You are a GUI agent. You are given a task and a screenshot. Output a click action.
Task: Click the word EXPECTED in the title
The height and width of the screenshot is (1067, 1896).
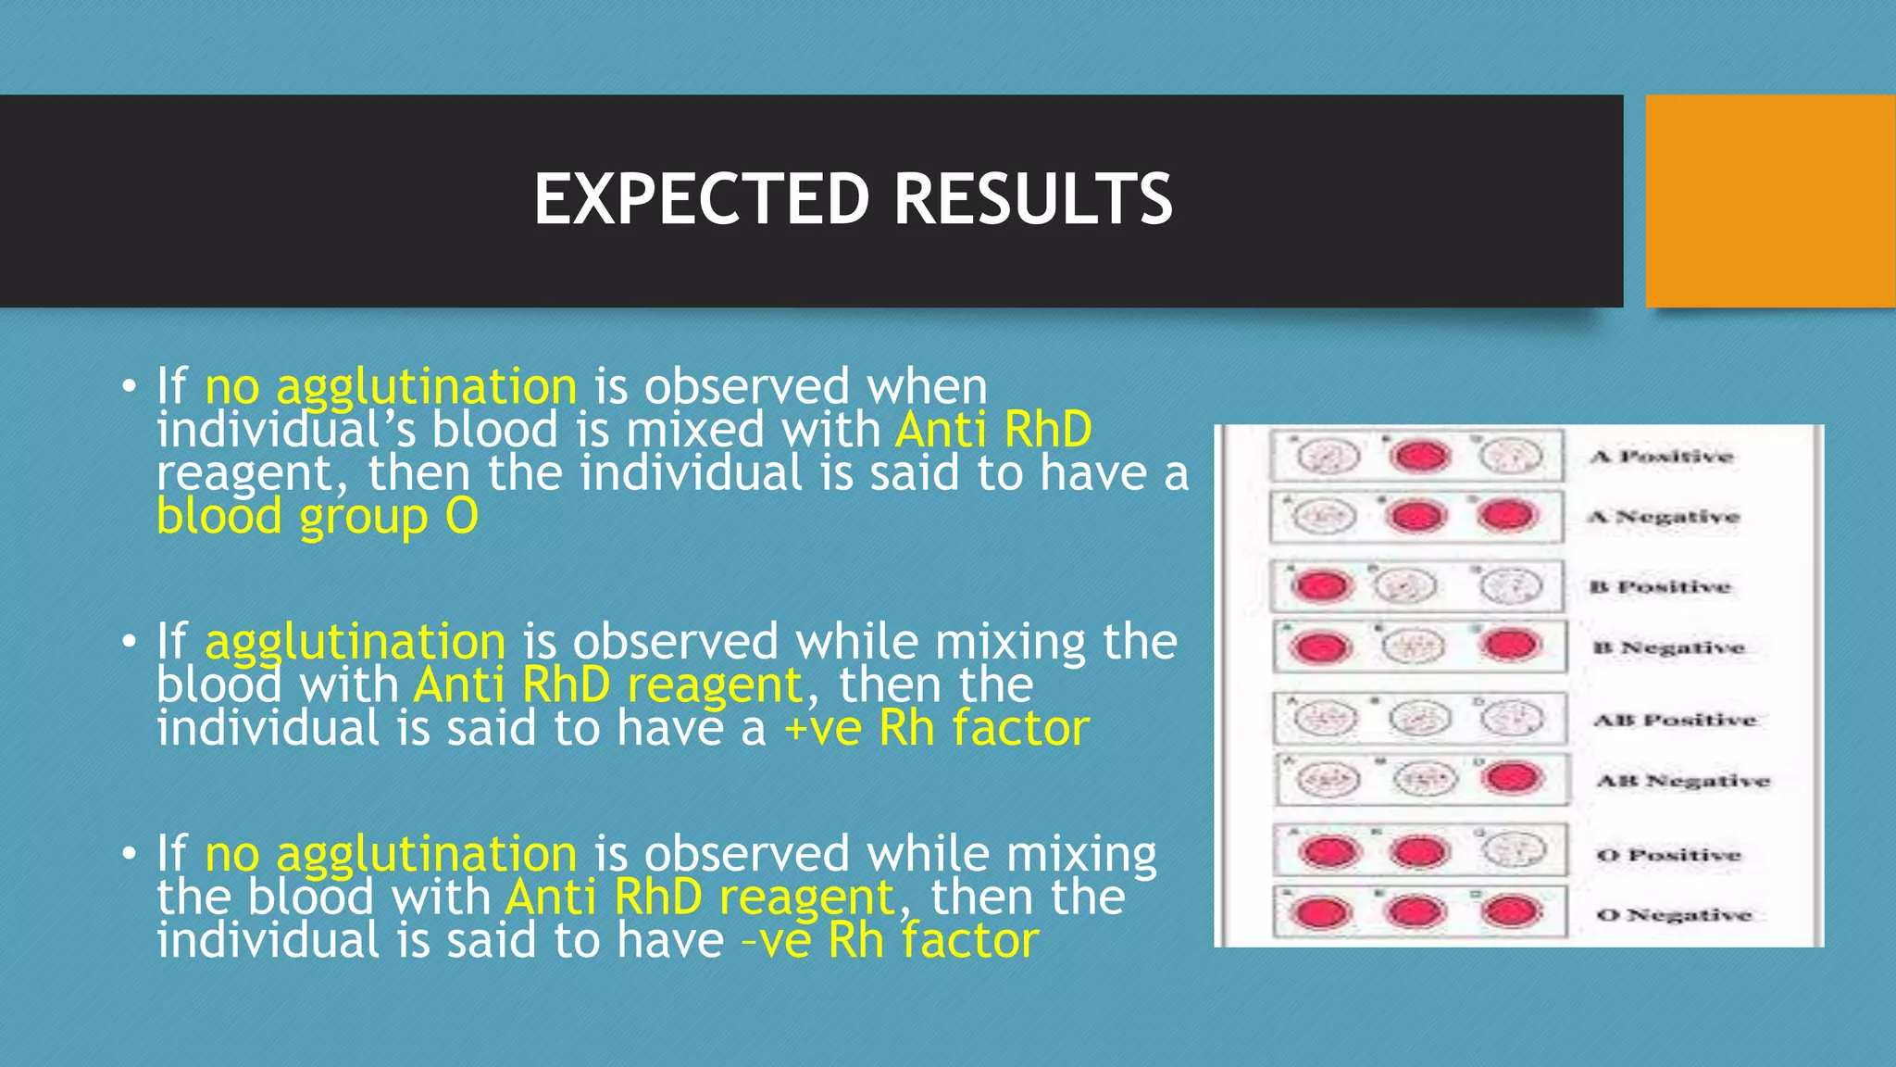point(702,199)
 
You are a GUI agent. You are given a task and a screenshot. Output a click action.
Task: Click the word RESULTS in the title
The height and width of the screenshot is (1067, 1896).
point(1033,199)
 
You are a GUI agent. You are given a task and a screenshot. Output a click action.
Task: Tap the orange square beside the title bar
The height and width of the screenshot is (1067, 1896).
point(1770,201)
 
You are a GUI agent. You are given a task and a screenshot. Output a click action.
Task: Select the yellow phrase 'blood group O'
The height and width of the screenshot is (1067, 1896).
point(318,517)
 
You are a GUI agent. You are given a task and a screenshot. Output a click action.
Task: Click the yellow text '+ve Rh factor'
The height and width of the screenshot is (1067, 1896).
point(936,728)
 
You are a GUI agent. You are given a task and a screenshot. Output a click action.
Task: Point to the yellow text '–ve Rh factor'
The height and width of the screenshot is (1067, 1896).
point(891,940)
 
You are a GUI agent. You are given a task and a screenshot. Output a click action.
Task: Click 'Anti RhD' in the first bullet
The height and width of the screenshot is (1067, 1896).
point(993,430)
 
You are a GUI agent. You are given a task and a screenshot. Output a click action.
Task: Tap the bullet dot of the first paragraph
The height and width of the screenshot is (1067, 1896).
point(129,385)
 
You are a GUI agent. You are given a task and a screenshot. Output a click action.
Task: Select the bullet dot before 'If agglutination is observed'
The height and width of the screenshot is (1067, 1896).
point(129,641)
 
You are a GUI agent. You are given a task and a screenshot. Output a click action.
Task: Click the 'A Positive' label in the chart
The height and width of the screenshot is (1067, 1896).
point(1662,457)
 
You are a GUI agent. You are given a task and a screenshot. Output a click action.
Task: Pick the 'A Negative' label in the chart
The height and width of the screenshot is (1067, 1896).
point(1664,517)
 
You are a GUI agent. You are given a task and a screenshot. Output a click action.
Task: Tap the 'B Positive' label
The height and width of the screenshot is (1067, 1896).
point(1660,587)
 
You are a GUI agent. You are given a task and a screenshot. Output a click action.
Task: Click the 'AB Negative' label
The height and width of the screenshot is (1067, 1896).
point(1682,781)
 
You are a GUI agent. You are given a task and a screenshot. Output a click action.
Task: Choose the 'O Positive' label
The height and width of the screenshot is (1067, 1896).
point(1668,855)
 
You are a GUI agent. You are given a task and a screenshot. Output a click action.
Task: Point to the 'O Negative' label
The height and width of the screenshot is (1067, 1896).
point(1674,915)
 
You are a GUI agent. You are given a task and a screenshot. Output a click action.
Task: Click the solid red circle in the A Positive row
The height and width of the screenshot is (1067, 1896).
point(1419,456)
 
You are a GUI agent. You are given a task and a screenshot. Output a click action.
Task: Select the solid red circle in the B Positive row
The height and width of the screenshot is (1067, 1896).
point(1321,586)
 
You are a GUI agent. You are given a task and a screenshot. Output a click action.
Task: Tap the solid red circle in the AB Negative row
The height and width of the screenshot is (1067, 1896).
point(1511,778)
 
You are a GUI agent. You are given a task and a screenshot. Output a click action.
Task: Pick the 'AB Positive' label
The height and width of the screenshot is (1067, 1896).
point(1674,720)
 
